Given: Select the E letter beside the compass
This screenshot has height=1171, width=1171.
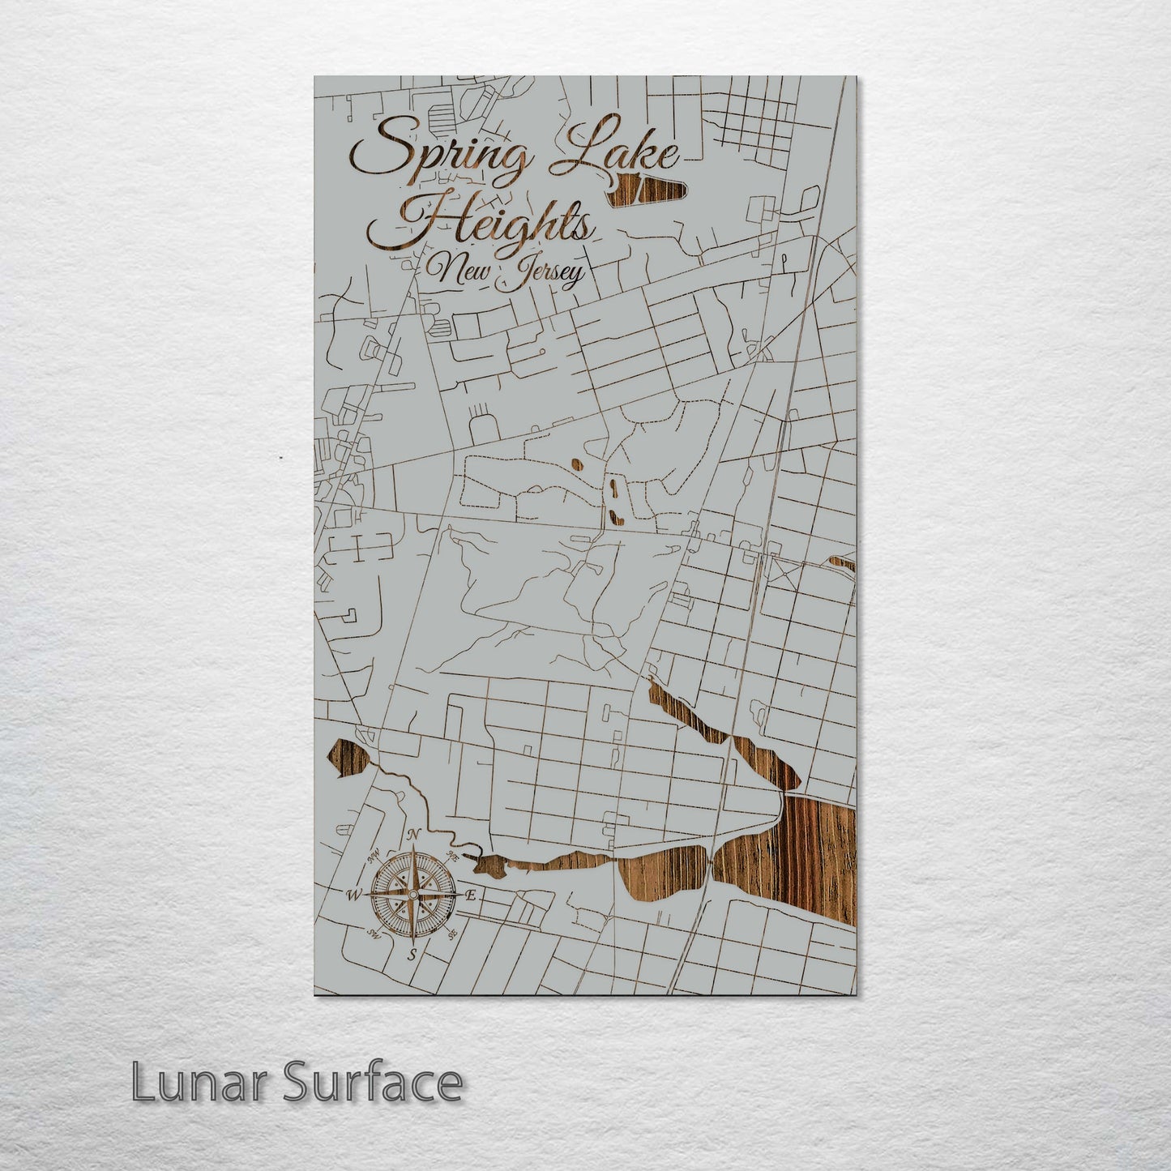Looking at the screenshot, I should (471, 895).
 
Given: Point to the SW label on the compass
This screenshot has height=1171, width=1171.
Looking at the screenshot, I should (374, 934).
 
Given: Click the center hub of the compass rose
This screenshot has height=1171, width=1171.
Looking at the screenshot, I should (412, 895).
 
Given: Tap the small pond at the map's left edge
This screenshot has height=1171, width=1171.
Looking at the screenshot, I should (347, 759).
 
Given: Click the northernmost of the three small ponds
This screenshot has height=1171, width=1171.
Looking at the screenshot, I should (576, 465).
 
